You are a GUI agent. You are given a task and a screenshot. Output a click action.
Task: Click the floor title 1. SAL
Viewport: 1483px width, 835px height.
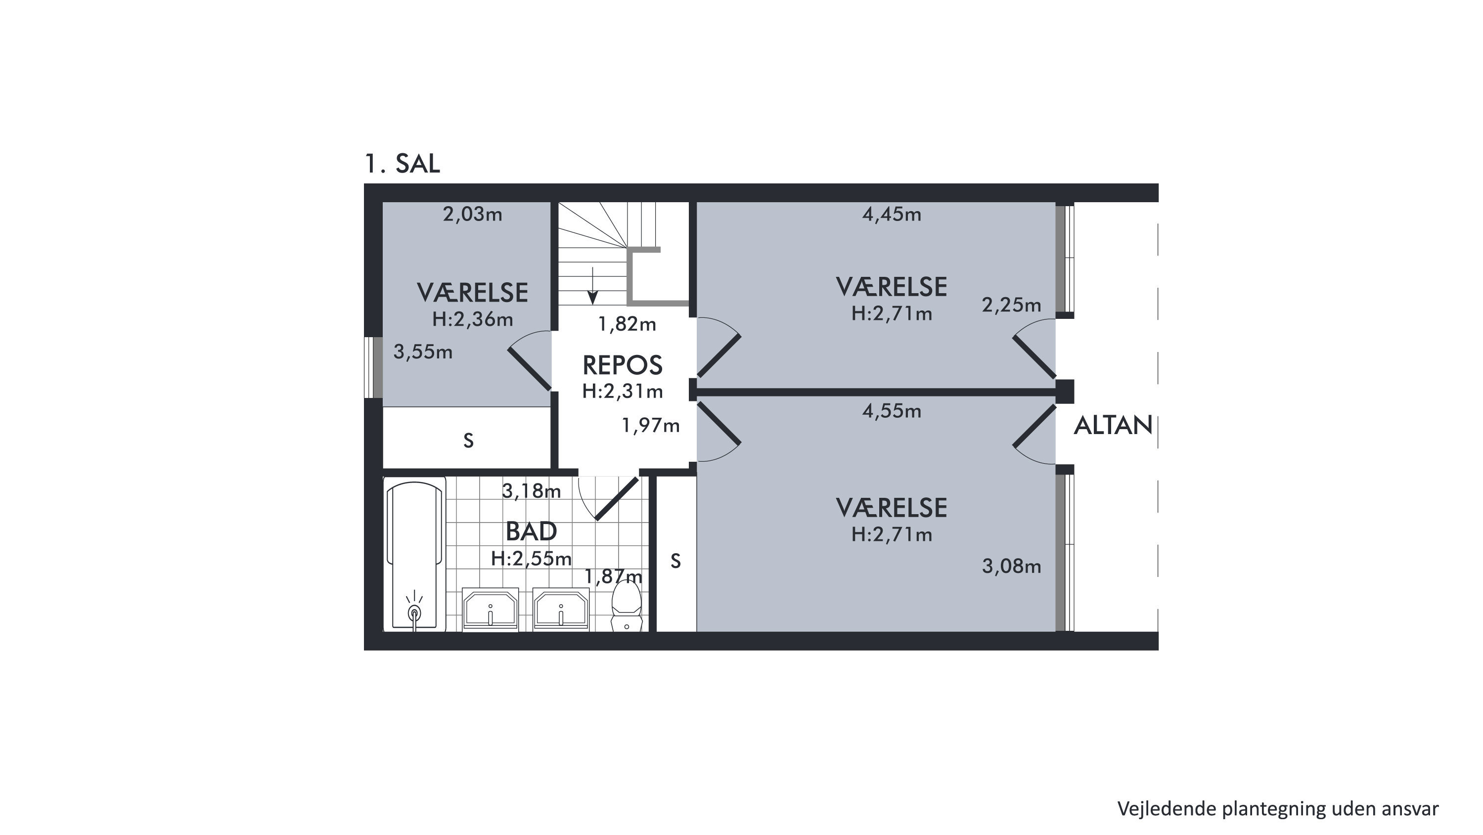click(403, 164)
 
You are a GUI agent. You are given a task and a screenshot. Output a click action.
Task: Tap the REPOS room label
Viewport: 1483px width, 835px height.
click(623, 365)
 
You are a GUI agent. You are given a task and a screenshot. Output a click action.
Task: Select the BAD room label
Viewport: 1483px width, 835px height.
click(531, 531)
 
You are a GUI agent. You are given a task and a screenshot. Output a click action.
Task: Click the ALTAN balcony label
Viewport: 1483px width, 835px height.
click(1113, 425)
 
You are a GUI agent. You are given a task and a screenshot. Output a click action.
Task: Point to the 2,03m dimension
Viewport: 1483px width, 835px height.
click(472, 214)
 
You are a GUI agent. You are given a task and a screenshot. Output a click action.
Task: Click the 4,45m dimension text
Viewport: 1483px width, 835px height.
click(891, 214)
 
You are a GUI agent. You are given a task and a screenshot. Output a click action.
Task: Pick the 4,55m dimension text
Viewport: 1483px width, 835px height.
click(891, 411)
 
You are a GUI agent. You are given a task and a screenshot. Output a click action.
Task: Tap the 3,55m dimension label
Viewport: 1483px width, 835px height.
click(423, 352)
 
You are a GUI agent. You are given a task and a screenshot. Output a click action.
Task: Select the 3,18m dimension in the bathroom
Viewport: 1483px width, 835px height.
click(531, 491)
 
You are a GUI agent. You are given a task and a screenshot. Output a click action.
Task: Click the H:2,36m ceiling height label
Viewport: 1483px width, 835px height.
click(472, 319)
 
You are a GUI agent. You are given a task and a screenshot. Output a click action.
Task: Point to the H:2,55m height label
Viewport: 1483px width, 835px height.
click(531, 558)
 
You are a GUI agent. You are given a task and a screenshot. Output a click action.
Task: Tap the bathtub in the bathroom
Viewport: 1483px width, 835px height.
click(415, 555)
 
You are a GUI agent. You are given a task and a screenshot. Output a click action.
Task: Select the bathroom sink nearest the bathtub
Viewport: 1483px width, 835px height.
click(491, 609)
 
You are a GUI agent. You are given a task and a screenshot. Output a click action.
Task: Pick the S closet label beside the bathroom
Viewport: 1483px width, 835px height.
click(676, 561)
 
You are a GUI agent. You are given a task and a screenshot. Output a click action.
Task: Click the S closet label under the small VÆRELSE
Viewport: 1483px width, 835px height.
click(469, 441)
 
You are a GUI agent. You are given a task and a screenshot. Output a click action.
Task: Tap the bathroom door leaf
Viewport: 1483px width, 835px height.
click(617, 498)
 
